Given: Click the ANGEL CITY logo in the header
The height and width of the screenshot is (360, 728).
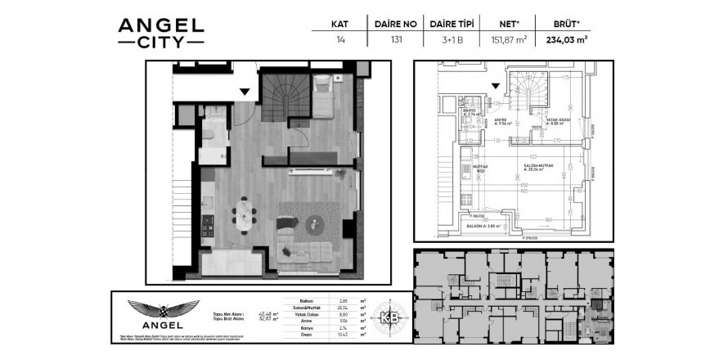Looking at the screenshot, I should coord(160,32).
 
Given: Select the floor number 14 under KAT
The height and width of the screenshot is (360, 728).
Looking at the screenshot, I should coord(339,38).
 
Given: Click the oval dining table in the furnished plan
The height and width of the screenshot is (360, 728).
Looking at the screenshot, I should coord(244,216).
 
